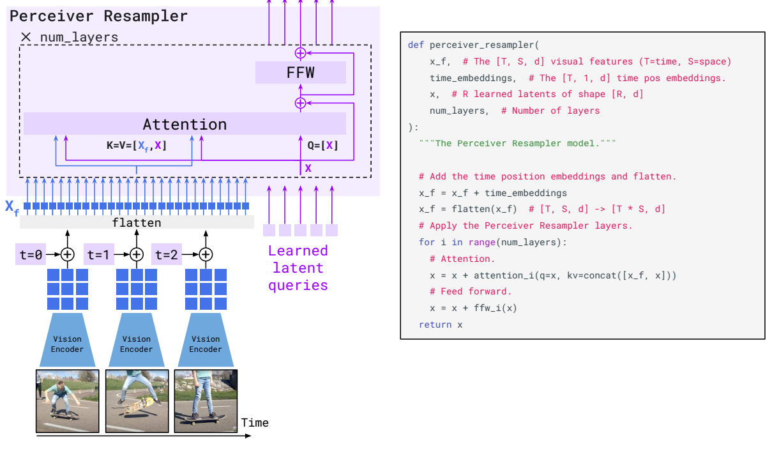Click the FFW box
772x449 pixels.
pyautogui.click(x=300, y=72)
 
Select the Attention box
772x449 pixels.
pyautogui.click(x=185, y=124)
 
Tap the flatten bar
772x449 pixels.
pyautogui.click(x=137, y=223)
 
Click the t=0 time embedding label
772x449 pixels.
pyautogui.click(x=30, y=254)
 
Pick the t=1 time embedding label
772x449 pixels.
pyautogui.click(x=99, y=254)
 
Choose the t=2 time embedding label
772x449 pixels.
pyautogui.click(x=166, y=254)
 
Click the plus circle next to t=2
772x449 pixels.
pyautogui.click(x=205, y=254)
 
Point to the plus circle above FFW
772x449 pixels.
pyautogui.click(x=300, y=52)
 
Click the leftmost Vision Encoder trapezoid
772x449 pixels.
pyautogui.click(x=67, y=344)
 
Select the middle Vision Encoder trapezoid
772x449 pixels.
pyautogui.click(x=137, y=344)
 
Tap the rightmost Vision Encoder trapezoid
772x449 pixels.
pyautogui.click(x=206, y=344)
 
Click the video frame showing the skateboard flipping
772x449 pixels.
pyautogui.click(x=137, y=400)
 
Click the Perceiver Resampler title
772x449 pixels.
pyautogui.click(x=99, y=16)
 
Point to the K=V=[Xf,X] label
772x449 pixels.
pyautogui.click(x=137, y=146)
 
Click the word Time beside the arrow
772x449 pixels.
pyautogui.click(x=255, y=423)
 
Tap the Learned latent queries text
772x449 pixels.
pyautogui.click(x=298, y=268)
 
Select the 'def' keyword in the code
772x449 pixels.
pyautogui.click(x=416, y=45)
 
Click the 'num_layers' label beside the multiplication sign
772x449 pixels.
pyautogui.click(x=79, y=38)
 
